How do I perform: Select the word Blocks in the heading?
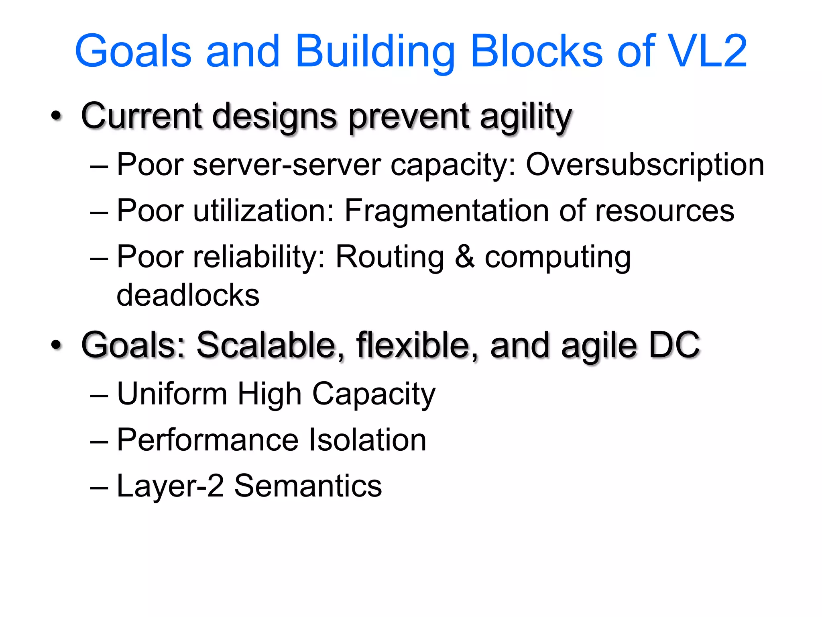[537, 51]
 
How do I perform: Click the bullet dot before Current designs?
[57, 116]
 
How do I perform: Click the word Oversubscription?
[645, 165]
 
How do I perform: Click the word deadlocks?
[188, 295]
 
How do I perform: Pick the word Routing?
[390, 257]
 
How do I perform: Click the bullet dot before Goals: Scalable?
[57, 345]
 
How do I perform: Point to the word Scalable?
[266, 345]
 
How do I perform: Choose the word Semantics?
[308, 486]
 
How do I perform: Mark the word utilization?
[263, 210]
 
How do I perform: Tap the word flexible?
[412, 345]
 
